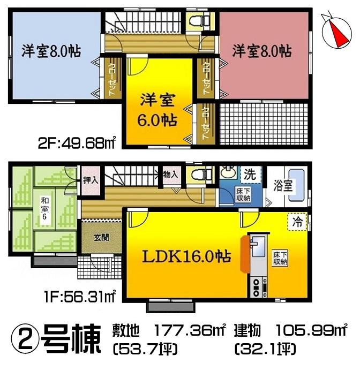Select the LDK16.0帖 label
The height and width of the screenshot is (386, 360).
click(186, 256)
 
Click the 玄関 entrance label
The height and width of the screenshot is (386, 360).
click(101, 238)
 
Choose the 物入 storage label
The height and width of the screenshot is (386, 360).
click(170, 174)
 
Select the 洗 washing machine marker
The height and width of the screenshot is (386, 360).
click(250, 174)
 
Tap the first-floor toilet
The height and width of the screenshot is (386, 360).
click(197, 175)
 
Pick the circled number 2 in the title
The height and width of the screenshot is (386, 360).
click(22, 338)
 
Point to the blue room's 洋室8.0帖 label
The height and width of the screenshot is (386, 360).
click(51, 51)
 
